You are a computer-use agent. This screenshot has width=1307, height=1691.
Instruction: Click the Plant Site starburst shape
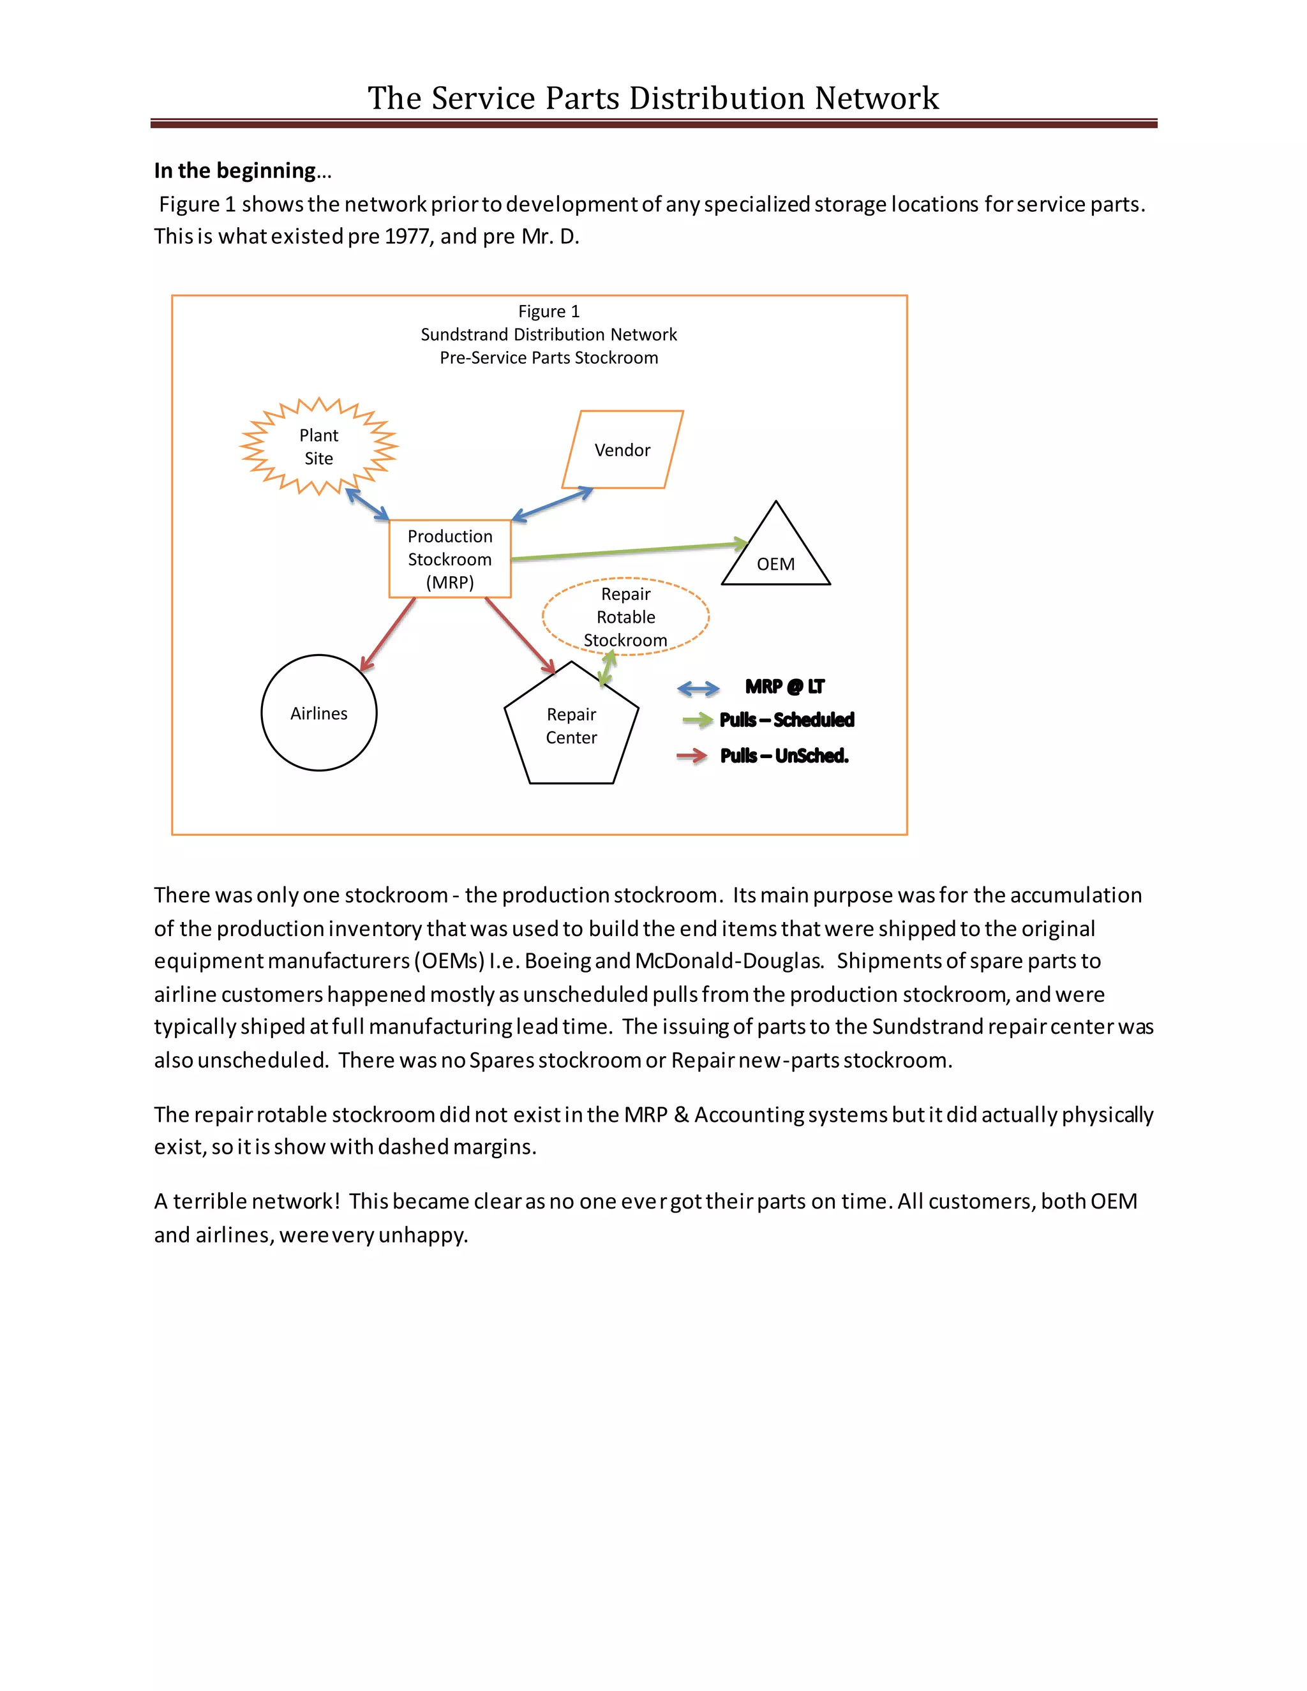[x=318, y=446]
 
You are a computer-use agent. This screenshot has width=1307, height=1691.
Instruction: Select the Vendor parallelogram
[x=622, y=450]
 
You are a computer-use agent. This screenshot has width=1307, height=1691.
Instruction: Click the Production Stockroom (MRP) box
[x=450, y=559]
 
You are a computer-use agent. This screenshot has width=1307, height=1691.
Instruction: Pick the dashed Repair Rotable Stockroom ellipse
[x=625, y=616]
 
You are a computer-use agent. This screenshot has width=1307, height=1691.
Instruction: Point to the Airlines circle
[x=319, y=713]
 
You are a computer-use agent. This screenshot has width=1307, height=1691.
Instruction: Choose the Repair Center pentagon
[x=571, y=726]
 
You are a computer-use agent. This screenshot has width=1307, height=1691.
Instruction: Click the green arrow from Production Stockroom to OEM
[x=627, y=551]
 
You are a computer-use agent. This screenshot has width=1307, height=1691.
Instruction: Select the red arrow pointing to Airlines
[x=388, y=634]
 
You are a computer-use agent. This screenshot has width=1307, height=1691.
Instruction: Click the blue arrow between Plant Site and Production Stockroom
[x=367, y=505]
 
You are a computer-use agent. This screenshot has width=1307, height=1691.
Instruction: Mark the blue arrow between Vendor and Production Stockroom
[x=552, y=504]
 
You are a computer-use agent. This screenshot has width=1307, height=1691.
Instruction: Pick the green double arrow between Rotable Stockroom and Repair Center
[x=608, y=669]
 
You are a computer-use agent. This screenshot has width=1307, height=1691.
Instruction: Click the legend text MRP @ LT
[x=784, y=687]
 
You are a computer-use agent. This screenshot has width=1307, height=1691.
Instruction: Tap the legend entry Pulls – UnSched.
[x=784, y=756]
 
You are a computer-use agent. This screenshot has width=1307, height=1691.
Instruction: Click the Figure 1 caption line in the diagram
[x=549, y=311]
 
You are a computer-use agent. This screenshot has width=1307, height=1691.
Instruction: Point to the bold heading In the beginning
[x=235, y=170]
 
